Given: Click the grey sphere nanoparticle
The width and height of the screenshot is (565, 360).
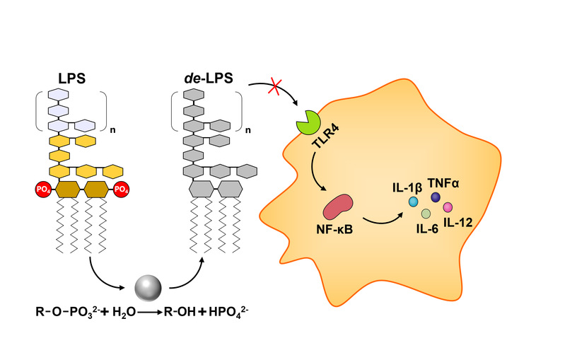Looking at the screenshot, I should click(x=148, y=286).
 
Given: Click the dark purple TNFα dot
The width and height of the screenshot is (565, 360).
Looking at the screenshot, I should click(x=435, y=199).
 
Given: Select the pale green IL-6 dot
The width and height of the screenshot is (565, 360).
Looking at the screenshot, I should click(x=426, y=214).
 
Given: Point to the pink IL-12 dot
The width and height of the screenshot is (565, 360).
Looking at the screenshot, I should click(x=448, y=207).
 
